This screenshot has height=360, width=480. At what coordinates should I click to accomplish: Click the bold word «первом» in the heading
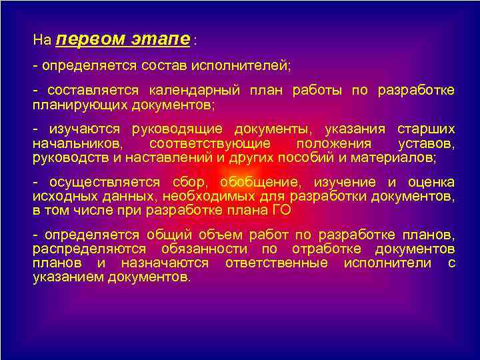[90, 39]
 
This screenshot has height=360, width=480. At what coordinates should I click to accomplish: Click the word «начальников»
[77, 143]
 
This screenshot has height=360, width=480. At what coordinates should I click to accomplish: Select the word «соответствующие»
[210, 143]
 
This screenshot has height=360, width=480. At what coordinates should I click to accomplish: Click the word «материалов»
[394, 157]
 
